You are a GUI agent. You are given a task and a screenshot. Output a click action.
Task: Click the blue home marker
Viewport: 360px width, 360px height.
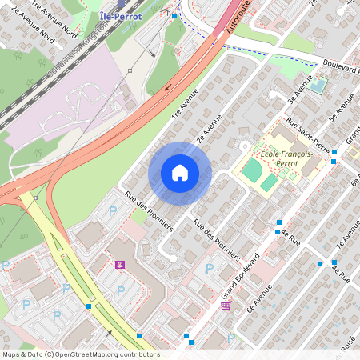(180, 172)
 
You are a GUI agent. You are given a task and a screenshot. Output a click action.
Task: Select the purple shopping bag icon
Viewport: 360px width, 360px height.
(120, 262)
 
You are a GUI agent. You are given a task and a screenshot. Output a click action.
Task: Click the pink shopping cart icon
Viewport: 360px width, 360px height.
(226, 306)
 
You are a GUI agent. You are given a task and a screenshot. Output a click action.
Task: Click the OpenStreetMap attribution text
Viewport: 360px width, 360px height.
(81, 354)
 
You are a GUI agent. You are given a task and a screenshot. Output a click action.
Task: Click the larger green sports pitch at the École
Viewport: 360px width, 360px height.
(252, 170)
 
